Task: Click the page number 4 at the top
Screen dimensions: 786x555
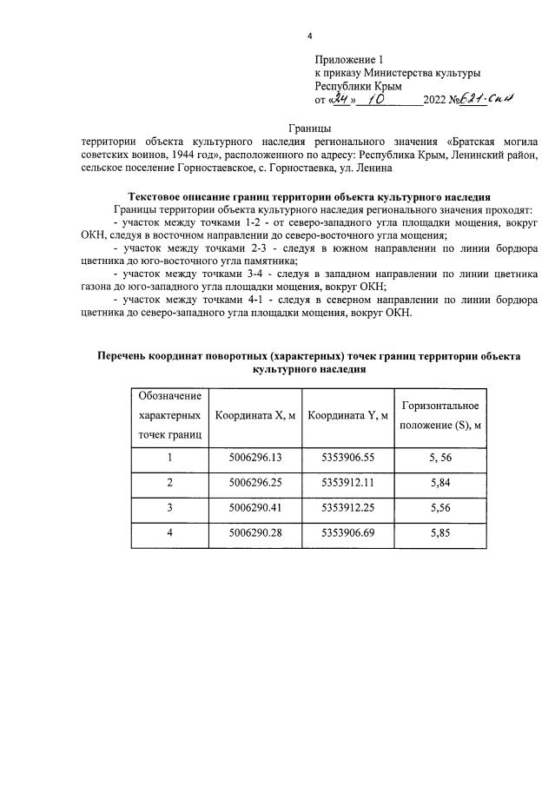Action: coord(309,36)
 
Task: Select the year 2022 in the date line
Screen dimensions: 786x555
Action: coord(434,101)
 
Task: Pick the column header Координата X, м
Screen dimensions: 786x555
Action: coord(256,415)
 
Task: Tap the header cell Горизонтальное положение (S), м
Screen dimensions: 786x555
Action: coord(439,415)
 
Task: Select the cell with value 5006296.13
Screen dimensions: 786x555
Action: coord(256,457)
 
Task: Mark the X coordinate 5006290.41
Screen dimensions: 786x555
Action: coord(256,507)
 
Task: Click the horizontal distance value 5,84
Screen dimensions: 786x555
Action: coord(439,482)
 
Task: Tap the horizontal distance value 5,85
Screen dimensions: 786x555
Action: coord(439,532)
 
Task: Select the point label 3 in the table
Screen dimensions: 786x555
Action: coord(170,507)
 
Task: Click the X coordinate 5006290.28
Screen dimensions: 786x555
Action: coord(256,532)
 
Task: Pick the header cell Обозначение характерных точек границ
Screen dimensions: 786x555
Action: coord(170,415)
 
